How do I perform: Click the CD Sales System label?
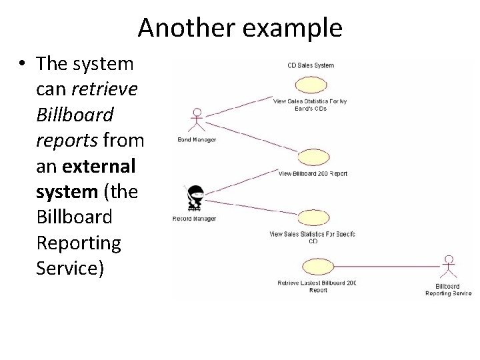tap(311, 65)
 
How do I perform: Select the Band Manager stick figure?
tap(196, 120)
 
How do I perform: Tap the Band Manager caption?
tap(196, 139)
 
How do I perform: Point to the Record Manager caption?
tap(194, 219)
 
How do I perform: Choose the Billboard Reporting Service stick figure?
tap(450, 269)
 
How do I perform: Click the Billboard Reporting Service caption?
tap(448, 290)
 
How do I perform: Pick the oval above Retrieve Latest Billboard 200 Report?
tap(317, 267)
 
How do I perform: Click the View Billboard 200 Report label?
tap(313, 174)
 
